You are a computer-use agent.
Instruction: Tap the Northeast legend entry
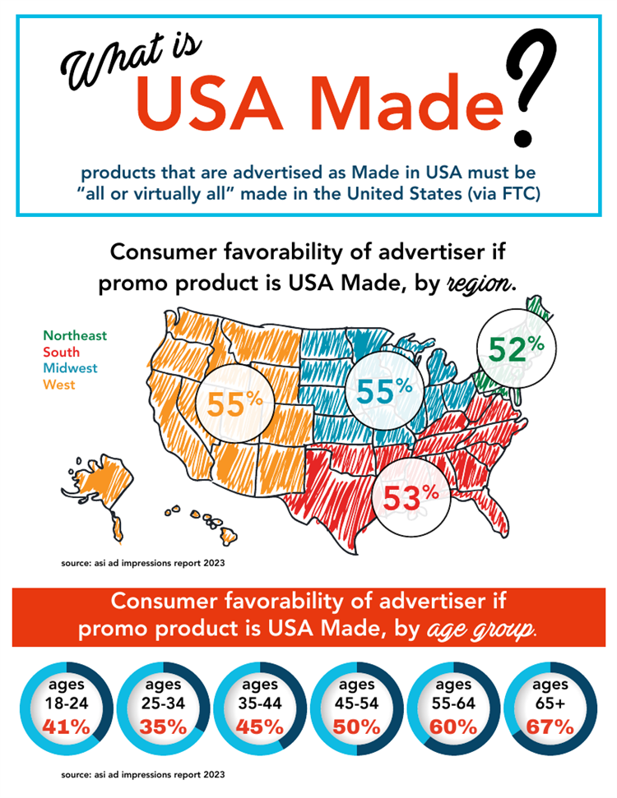point(75,335)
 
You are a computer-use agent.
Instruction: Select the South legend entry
point(61,352)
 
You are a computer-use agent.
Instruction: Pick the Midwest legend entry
point(70,368)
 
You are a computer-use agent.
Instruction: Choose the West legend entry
point(58,385)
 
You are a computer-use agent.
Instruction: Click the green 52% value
point(516,349)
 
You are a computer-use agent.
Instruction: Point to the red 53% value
point(411,497)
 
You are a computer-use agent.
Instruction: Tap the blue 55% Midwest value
point(384,391)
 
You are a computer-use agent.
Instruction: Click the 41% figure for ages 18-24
point(67,727)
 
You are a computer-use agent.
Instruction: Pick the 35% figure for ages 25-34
point(163,727)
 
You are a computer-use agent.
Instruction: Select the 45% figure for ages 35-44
point(260,727)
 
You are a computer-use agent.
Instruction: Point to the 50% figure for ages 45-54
point(357,727)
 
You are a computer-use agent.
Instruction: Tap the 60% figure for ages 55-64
point(453,727)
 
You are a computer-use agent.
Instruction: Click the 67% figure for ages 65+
point(550,727)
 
